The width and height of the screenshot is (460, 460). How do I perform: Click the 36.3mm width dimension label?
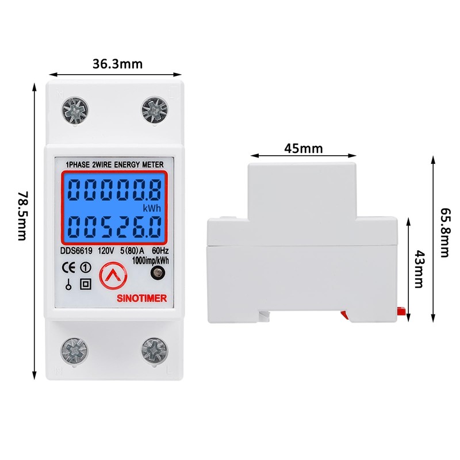(117, 64)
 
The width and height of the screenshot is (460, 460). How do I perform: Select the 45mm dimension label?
(303, 148)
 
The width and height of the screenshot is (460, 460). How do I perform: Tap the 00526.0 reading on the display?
(110, 226)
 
